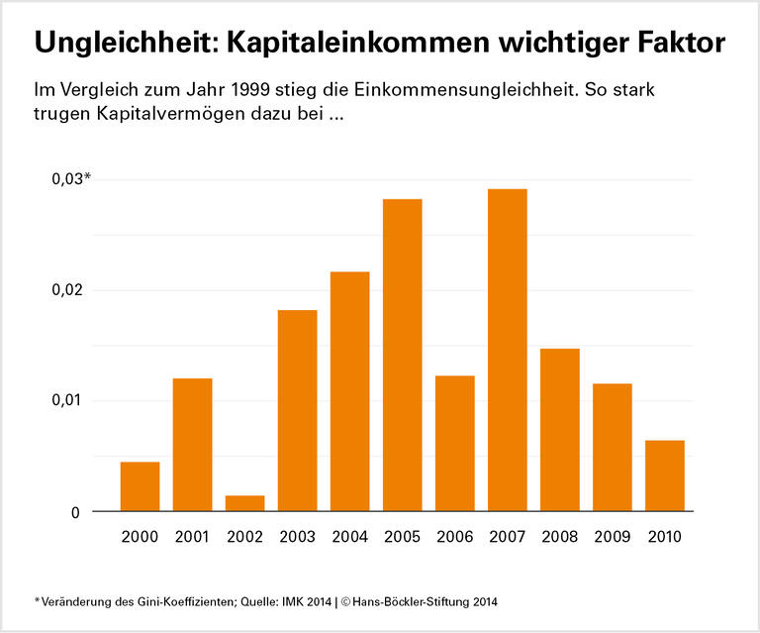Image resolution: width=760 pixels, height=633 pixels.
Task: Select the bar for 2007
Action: (x=507, y=350)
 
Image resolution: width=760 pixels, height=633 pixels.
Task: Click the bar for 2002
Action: (x=244, y=503)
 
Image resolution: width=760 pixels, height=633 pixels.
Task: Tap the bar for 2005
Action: (x=402, y=355)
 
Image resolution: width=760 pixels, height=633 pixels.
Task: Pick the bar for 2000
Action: (x=140, y=486)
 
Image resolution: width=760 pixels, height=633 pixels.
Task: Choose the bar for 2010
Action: (x=664, y=475)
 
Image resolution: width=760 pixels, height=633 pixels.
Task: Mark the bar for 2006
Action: (x=454, y=443)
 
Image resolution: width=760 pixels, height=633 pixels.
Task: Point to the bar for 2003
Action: (x=297, y=410)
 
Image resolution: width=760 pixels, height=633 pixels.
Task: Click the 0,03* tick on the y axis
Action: (x=69, y=178)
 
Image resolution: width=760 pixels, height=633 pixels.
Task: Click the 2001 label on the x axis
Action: (x=192, y=537)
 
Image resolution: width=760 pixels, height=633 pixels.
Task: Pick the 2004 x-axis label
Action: (x=349, y=537)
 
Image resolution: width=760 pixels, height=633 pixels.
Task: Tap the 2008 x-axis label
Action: (x=559, y=537)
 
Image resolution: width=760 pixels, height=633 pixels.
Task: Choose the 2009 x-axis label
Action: (x=612, y=537)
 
